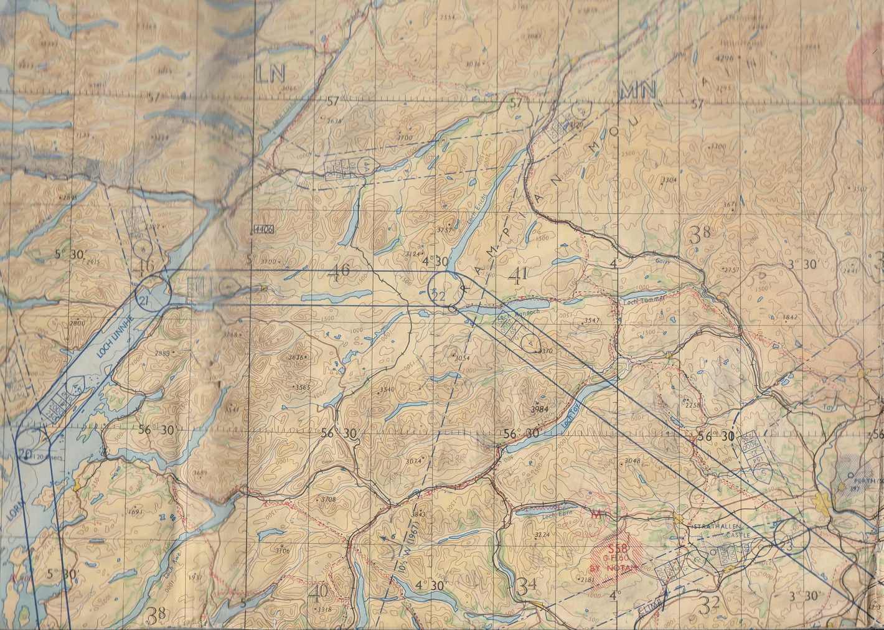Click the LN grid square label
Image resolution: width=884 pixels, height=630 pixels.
[x=270, y=73]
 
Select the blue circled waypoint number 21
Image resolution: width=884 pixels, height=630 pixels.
[x=144, y=301]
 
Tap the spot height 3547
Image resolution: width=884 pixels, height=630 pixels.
[x=592, y=320]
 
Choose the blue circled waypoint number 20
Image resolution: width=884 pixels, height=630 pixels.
[x=24, y=454]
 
